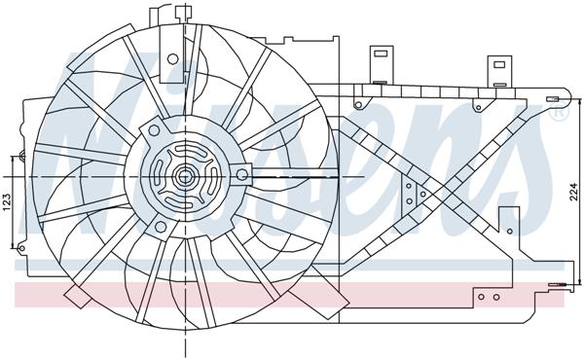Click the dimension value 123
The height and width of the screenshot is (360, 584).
7,203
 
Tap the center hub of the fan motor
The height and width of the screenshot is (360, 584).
182,177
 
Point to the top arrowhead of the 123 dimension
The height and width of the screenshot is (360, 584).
14,156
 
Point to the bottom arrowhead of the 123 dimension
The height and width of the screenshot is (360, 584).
14,249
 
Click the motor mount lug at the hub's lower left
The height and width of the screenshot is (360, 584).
150,224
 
